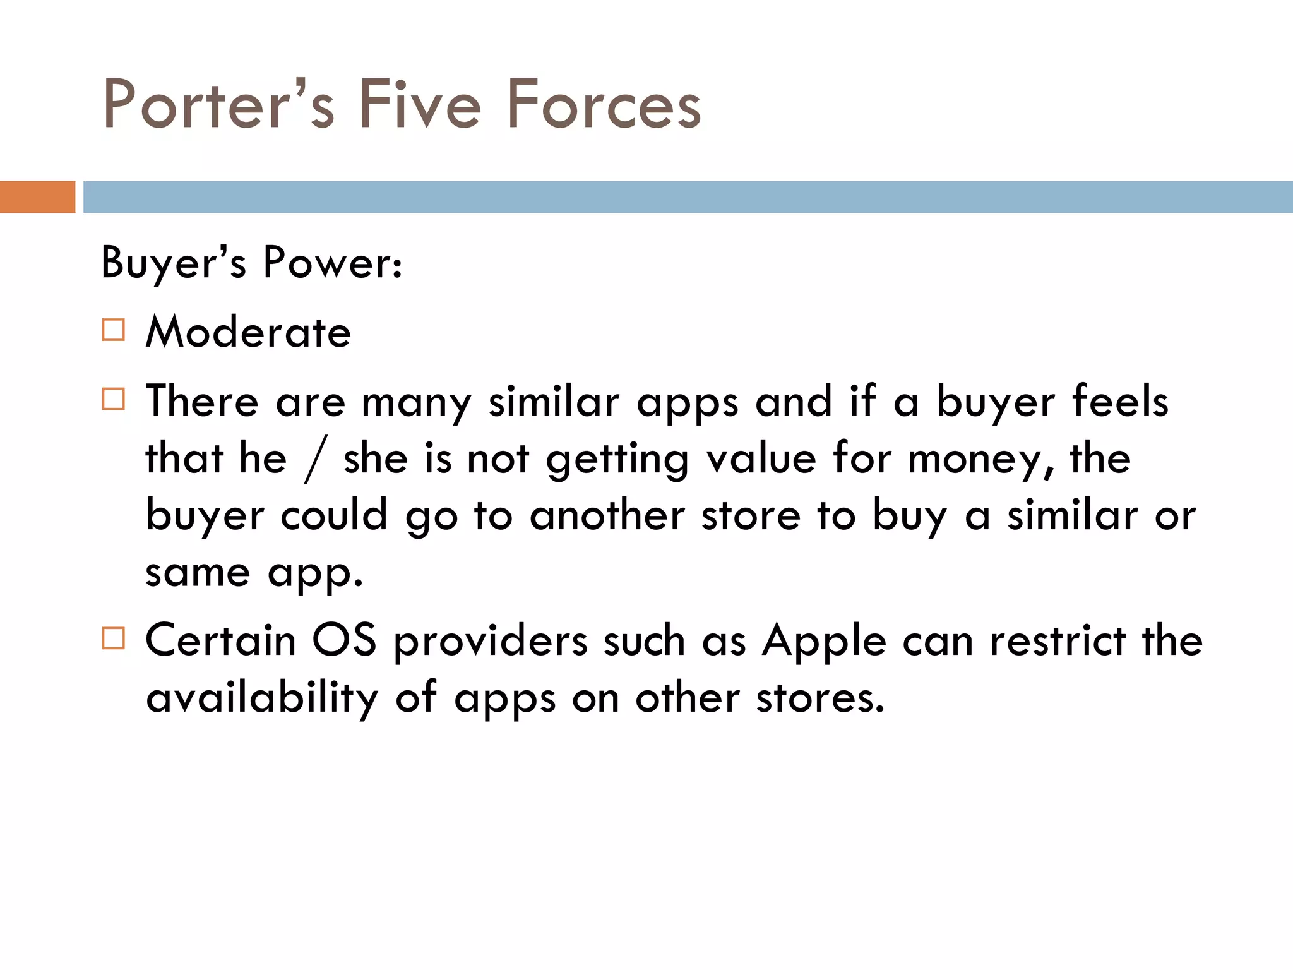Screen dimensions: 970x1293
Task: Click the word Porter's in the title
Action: (218, 104)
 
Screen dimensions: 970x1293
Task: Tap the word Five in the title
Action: (420, 104)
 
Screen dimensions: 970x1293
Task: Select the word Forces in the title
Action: (604, 104)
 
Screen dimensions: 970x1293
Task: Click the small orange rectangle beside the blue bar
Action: (37, 197)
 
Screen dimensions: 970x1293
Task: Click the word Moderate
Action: (248, 332)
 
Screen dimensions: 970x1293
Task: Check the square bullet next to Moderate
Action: (114, 330)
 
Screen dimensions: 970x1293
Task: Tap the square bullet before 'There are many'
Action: (114, 399)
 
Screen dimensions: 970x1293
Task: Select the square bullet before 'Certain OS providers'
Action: (114, 638)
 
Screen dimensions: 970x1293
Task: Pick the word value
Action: (761, 459)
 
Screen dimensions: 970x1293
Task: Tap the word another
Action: (607, 515)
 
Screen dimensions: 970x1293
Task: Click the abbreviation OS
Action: (345, 641)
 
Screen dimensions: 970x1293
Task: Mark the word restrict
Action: (1058, 641)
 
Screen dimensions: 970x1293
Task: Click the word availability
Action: (262, 698)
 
